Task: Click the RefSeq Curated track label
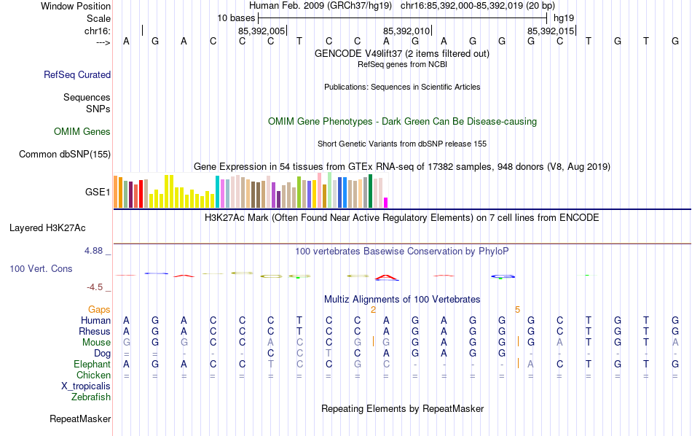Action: pos(77,74)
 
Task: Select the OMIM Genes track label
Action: pos(82,132)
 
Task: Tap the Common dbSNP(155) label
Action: pos(65,154)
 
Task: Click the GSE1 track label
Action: pos(98,192)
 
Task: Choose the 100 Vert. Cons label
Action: pos(41,269)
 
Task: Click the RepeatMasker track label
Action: pos(80,419)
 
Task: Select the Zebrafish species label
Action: pos(91,397)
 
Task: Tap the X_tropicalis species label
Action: pos(86,386)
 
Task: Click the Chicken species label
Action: pos(93,375)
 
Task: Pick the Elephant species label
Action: pos(92,365)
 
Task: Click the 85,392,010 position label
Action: pos(406,31)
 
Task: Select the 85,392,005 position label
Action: pos(262,31)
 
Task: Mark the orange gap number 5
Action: pos(517,310)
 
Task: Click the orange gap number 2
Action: pos(373,310)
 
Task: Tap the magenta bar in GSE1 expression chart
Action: pos(386,203)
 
